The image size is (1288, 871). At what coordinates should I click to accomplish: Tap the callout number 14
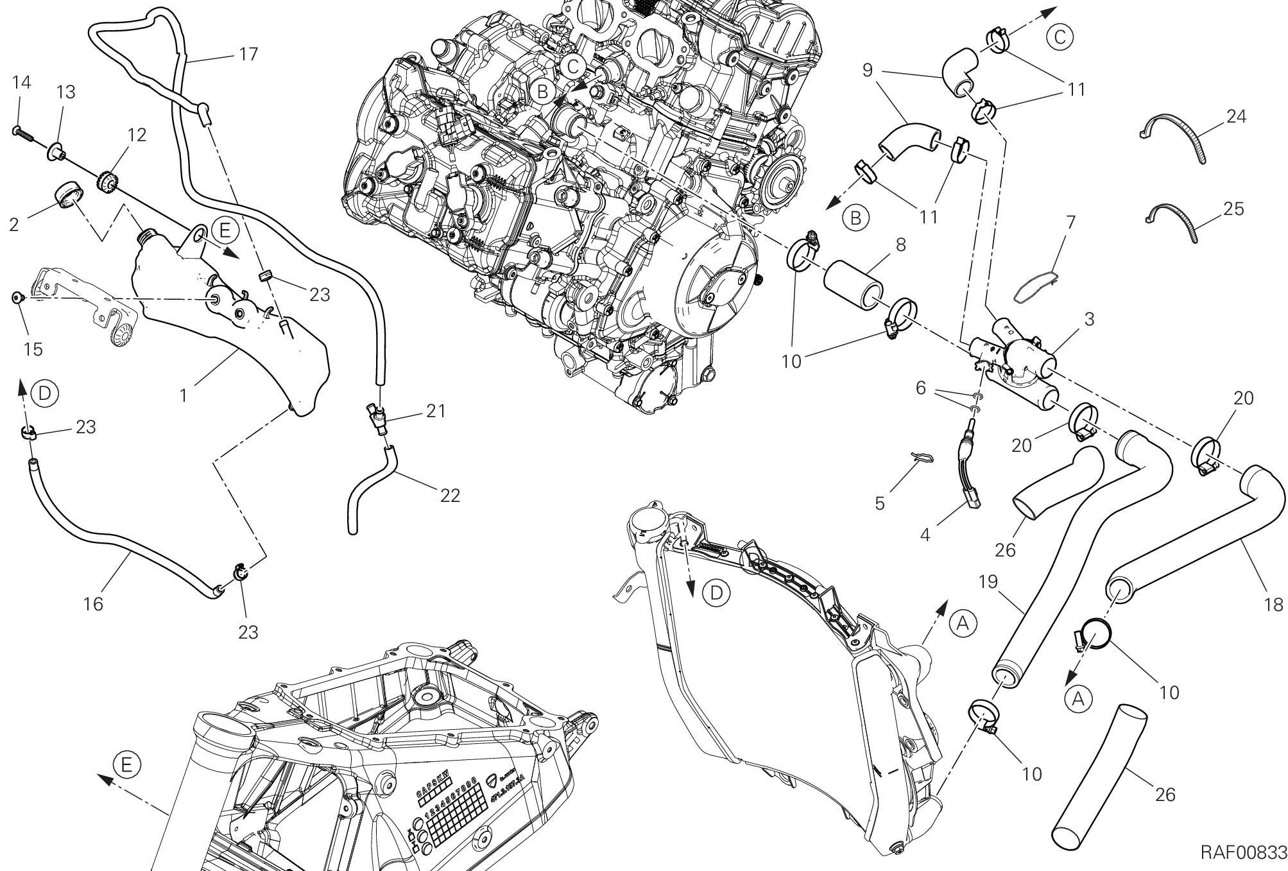pos(21,82)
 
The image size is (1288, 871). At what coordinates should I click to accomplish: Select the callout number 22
pos(450,496)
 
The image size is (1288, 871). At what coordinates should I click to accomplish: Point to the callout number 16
pos(93,603)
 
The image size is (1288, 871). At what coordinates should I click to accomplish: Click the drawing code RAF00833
pos(1244,852)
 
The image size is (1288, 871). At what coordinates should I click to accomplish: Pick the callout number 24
pos(1235,116)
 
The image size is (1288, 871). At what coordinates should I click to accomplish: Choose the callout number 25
pos(1233,209)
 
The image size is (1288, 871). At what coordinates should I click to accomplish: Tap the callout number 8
pos(900,245)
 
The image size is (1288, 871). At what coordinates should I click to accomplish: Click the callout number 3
pos(1089,318)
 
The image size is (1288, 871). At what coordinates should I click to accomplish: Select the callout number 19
pos(989,582)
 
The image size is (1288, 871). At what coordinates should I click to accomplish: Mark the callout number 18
pos(1273,604)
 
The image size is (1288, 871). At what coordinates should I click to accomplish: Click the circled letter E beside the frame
pos(126,764)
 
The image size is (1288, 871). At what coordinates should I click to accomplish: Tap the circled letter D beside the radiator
pos(716,593)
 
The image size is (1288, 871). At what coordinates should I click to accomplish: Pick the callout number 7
pos(1070,222)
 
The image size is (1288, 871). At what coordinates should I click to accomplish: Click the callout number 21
pos(436,410)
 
